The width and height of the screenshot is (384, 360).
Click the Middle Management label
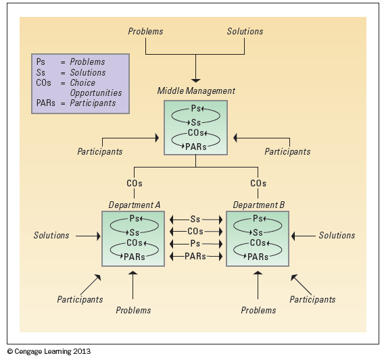[x=196, y=91]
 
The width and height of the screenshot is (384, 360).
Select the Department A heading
[x=135, y=205]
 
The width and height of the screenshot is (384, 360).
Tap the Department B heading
[x=259, y=205]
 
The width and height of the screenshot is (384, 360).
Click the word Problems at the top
[x=145, y=31]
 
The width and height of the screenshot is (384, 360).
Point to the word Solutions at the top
[x=245, y=31]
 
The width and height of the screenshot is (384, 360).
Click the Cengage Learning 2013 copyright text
[x=49, y=351]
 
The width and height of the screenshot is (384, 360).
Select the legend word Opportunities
[x=96, y=93]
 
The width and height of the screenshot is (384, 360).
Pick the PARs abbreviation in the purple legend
[x=45, y=103]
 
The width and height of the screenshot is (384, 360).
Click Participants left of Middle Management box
[x=100, y=151]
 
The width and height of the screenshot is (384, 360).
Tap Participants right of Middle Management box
[x=287, y=151]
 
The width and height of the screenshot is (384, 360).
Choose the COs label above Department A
[x=135, y=183]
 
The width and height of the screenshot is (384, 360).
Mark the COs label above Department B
[x=258, y=183]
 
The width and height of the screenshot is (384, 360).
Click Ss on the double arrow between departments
[x=195, y=220]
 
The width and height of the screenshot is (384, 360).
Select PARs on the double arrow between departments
[x=195, y=256]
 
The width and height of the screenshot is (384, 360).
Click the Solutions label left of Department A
[x=51, y=236]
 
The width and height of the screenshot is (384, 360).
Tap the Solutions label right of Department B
[x=337, y=236]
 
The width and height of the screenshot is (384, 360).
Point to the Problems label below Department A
[x=133, y=310]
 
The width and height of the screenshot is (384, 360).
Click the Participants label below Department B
[x=312, y=300]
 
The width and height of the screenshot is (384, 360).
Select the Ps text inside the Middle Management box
[x=195, y=109]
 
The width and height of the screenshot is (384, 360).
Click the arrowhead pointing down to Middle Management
[x=195, y=80]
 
